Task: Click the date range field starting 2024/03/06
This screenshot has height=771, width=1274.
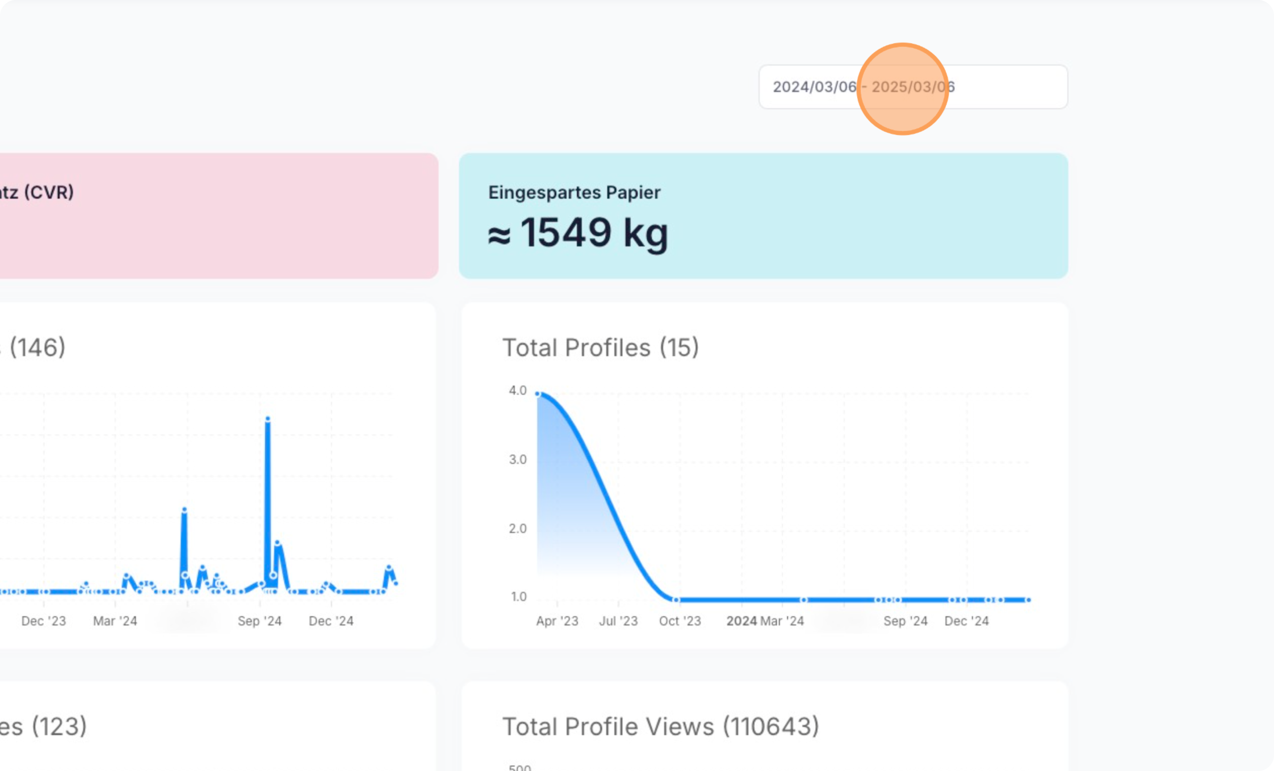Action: coord(913,87)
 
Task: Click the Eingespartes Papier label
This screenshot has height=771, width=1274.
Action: coord(574,192)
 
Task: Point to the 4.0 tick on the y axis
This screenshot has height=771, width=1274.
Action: coord(518,390)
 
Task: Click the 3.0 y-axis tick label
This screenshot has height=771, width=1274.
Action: coord(518,459)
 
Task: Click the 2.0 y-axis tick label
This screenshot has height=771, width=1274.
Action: coord(518,529)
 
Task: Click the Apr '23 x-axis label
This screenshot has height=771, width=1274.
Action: coord(557,621)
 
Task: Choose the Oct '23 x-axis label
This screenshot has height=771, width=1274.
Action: coord(679,621)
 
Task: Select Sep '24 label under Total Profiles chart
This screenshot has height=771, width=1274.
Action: coord(905,621)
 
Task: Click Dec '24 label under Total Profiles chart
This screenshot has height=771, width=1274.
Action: coord(966,621)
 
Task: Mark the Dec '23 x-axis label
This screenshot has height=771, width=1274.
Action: coord(43,621)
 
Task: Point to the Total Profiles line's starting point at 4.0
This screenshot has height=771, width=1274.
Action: coord(538,394)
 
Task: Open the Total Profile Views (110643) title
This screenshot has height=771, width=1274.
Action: coord(660,726)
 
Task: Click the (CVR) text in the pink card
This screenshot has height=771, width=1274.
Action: coord(49,192)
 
